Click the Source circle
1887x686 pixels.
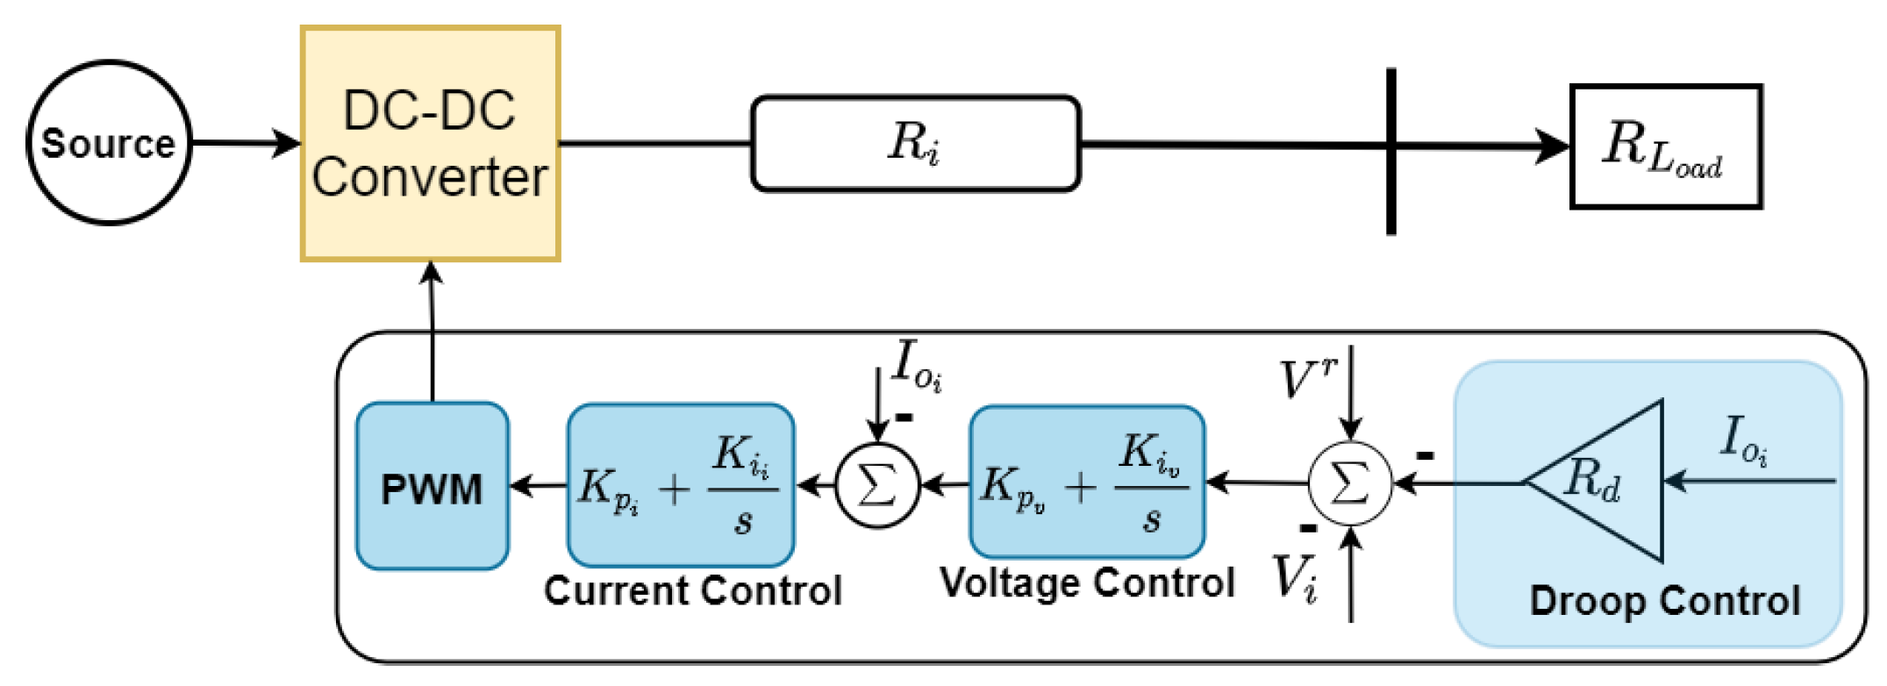[x=109, y=143]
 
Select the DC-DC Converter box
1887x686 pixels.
[x=430, y=144]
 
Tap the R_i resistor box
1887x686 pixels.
[x=915, y=144]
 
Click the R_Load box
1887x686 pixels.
[x=1665, y=146]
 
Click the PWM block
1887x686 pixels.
[x=432, y=487]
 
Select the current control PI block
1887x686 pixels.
[x=681, y=485]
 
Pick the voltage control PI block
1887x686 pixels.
[x=1087, y=482]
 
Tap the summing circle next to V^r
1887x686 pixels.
[x=1350, y=483]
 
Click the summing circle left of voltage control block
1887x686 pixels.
[x=877, y=484]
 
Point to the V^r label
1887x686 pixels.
[x=1306, y=379]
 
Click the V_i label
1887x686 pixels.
[x=1295, y=579]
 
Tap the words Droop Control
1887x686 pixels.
[x=1664, y=602]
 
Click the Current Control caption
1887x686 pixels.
[x=692, y=590]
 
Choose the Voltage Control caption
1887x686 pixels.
[x=1087, y=582]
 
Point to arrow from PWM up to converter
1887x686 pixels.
[x=432, y=333]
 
